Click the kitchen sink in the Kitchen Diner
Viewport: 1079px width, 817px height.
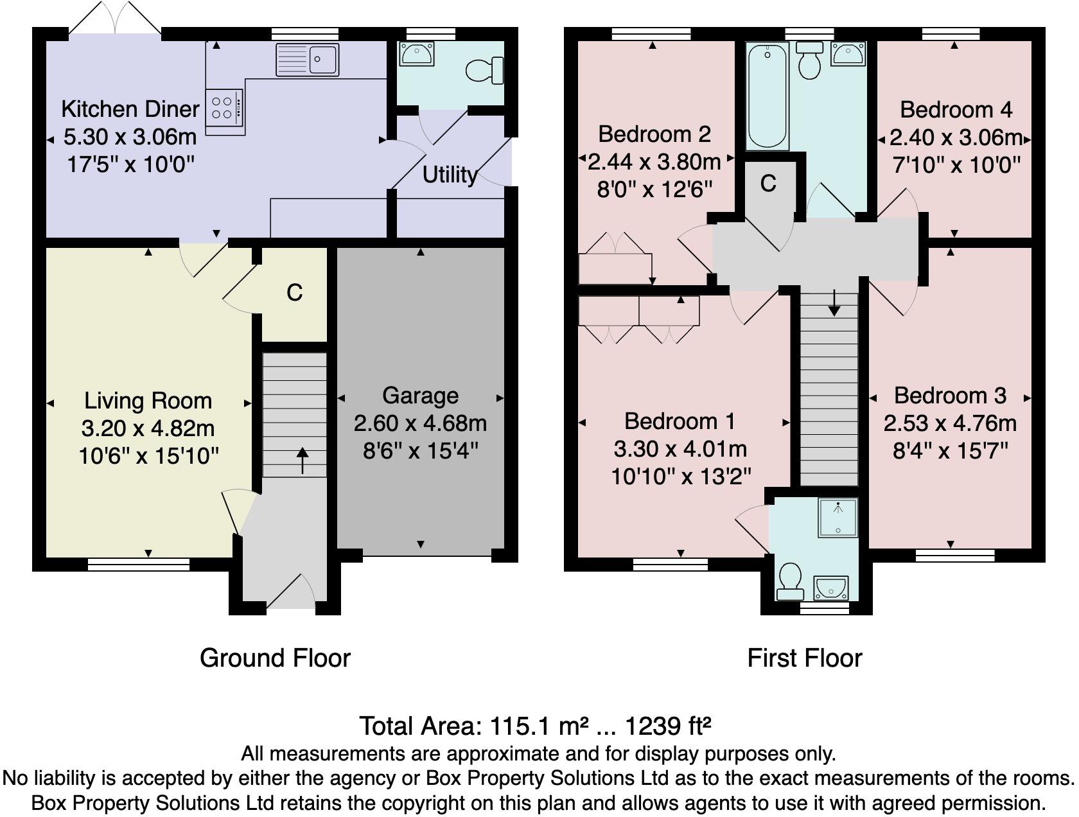click(308, 60)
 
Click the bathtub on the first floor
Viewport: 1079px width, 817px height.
click(767, 95)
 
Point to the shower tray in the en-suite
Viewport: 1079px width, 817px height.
click(838, 518)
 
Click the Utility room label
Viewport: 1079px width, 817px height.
click(450, 175)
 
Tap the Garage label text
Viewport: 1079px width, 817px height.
click(420, 395)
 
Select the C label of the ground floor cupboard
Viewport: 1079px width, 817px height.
click(294, 293)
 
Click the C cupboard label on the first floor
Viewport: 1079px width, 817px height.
click(768, 184)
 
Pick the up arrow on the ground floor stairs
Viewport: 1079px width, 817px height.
click(302, 461)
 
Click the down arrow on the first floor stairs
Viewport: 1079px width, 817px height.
click(834, 303)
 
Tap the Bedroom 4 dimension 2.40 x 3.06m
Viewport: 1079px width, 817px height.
click(956, 137)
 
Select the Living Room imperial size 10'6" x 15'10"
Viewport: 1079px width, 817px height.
click(148, 456)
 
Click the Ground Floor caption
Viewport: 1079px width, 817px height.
click(275, 658)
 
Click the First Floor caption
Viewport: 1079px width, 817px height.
click(804, 658)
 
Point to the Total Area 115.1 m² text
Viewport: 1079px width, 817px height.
click(535, 726)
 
